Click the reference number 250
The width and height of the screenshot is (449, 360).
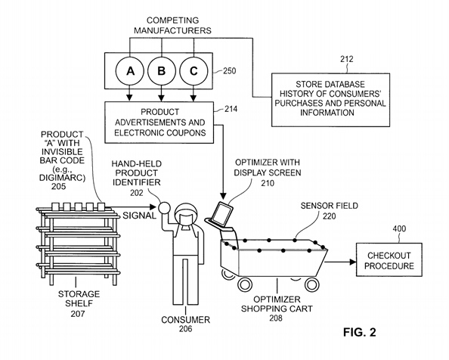click(229, 71)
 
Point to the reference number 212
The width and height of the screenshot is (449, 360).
click(347, 59)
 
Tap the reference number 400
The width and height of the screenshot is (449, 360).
click(399, 228)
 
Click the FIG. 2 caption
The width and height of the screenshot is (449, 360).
click(359, 332)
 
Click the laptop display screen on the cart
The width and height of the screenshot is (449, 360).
click(223, 213)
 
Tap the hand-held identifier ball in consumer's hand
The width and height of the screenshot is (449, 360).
click(165, 208)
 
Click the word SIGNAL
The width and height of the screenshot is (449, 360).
click(139, 216)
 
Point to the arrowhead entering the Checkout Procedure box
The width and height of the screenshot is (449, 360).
click(353, 262)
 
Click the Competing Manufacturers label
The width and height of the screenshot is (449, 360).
click(172, 25)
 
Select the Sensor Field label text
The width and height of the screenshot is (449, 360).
click(330, 206)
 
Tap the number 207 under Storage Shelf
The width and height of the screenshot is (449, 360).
click(78, 314)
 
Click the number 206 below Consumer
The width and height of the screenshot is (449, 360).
click(185, 329)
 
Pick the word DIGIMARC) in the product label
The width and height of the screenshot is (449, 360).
click(62, 178)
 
